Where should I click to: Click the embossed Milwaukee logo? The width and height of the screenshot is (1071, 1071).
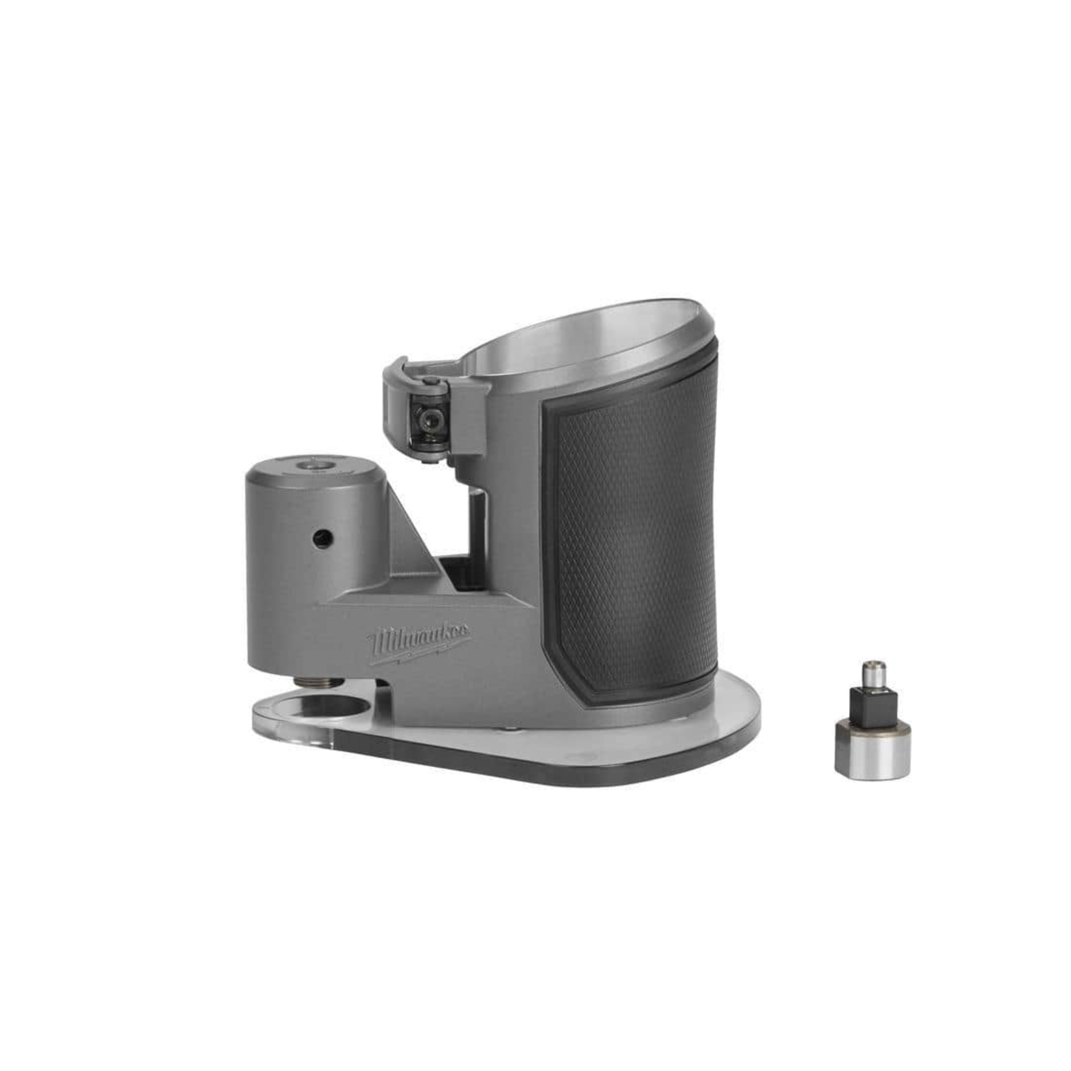coord(420,643)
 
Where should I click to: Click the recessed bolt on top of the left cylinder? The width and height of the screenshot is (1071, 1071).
coord(316,466)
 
